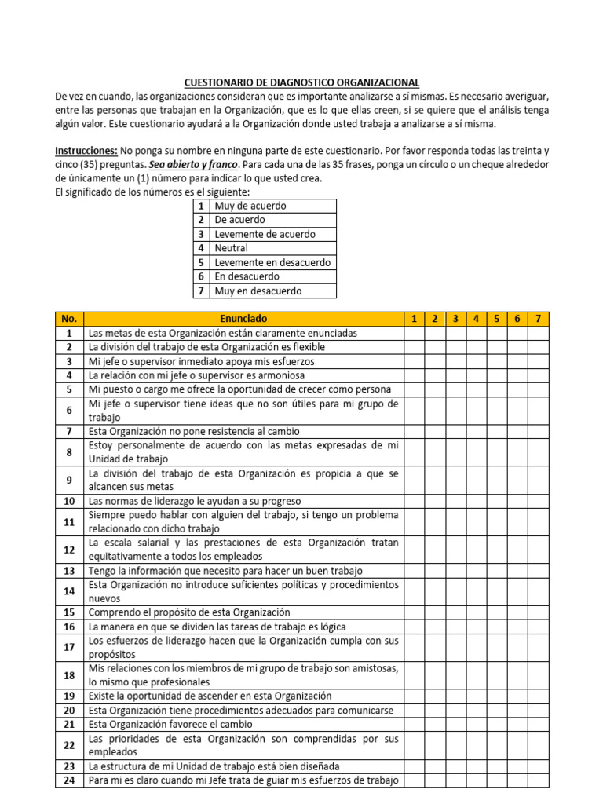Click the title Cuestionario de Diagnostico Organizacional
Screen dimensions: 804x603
[301, 82]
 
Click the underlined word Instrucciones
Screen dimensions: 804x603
[86, 150]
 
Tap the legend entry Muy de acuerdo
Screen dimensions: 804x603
[250, 206]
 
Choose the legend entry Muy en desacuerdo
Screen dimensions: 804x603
[258, 291]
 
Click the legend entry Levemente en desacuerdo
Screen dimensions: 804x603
[272, 262]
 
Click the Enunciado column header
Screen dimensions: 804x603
[243, 319]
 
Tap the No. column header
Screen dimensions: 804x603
[69, 319]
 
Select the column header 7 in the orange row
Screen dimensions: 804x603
[538, 319]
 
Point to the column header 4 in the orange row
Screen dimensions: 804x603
[476, 319]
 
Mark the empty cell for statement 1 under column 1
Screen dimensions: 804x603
[414, 333]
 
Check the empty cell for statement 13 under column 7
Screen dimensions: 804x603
[538, 571]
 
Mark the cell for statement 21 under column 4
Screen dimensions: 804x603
[476, 724]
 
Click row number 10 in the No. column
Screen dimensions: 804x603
[69, 501]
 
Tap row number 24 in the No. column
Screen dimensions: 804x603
[69, 780]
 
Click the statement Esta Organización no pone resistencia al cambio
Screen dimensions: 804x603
[194, 431]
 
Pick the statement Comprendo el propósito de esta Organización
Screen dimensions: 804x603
[189, 612]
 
